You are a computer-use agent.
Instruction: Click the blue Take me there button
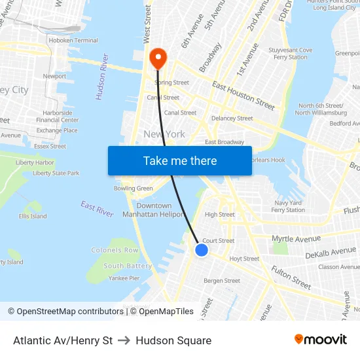pyautogui.click(x=180, y=160)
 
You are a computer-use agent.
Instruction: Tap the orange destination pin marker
pyautogui.click(x=158, y=58)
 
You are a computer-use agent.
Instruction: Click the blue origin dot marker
pyautogui.click(x=202, y=249)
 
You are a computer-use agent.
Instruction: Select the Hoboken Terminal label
pyautogui.click(x=78, y=41)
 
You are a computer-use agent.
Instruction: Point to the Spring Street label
pyautogui.click(x=171, y=83)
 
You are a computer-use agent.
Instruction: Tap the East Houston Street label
pyautogui.click(x=243, y=95)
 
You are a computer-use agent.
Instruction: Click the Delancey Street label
pyautogui.click(x=232, y=118)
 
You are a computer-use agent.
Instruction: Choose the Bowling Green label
pyautogui.click(x=133, y=189)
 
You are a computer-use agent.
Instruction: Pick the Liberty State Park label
pyautogui.click(x=56, y=173)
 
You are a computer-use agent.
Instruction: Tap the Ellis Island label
pyautogui.click(x=33, y=216)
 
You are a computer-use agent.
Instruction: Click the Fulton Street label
pyautogui.click(x=291, y=277)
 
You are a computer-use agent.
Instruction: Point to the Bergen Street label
pyautogui.click(x=222, y=281)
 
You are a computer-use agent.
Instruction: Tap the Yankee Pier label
pyautogui.click(x=124, y=278)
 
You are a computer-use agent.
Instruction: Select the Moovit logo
pyautogui.click(x=320, y=340)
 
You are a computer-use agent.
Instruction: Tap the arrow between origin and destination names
pyautogui.click(x=124, y=340)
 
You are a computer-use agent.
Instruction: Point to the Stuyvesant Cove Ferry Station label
pyautogui.click(x=290, y=53)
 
